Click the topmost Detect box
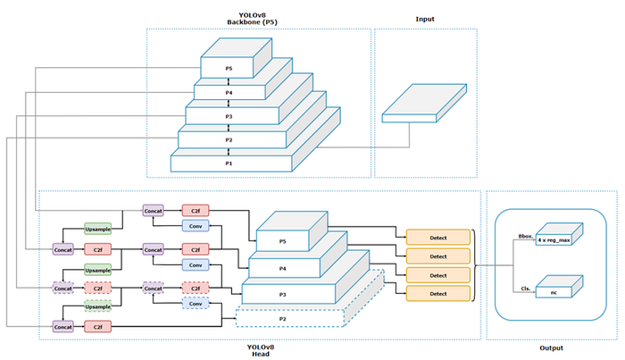tap(437, 237)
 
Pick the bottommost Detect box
tap(437, 293)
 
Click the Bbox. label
tap(525, 237)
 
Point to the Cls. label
tap(527, 288)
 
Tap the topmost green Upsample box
tap(97, 230)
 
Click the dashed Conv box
tap(196, 304)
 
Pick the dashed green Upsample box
tap(97, 306)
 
